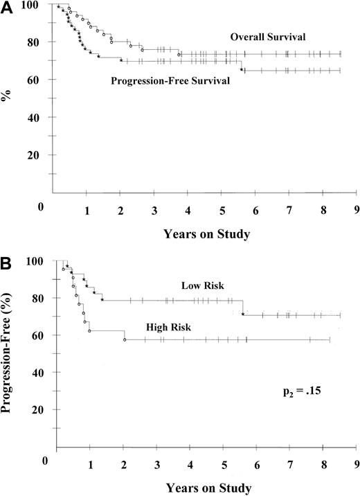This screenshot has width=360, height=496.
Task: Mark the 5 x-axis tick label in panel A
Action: (x=222, y=209)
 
